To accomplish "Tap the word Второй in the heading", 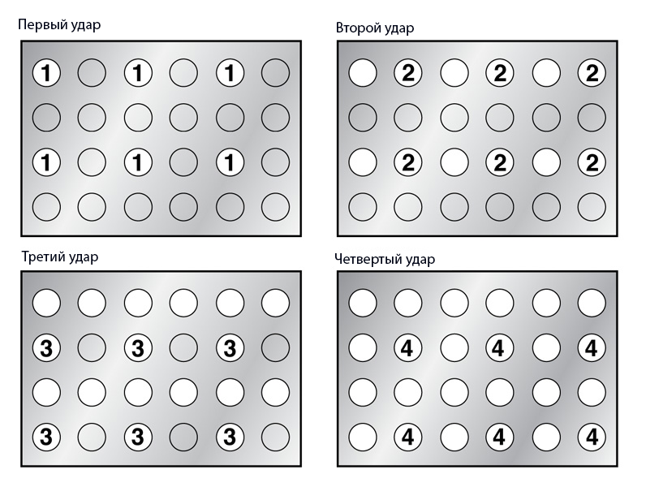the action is tap(359, 28).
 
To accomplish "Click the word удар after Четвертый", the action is tap(420, 260).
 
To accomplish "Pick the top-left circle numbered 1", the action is tap(46, 73).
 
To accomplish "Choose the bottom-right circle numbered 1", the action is tap(230, 162).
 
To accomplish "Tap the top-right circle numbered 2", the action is tap(592, 73).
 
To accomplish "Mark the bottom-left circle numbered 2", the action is tap(408, 162).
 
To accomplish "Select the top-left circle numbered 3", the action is tap(46, 347).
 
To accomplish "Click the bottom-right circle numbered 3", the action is tap(230, 437).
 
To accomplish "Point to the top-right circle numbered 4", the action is tap(592, 347).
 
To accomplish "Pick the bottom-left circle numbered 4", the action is tap(408, 437).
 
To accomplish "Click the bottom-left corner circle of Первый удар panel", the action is tap(46, 207).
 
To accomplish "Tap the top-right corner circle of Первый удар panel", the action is tap(275, 73).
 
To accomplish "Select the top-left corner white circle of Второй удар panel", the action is tap(363, 73).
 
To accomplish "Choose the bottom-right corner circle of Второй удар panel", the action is tap(592, 207).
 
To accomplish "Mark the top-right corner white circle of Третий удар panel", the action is tap(275, 303).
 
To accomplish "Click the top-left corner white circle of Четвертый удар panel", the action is tap(363, 303).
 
